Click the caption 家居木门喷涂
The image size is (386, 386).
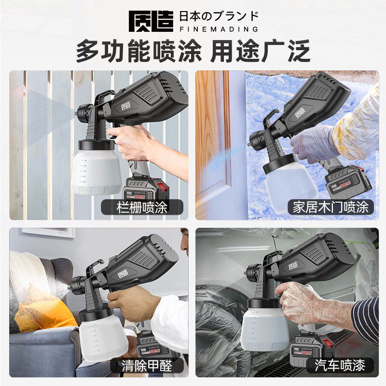point(331,207)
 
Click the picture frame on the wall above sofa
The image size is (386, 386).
point(48,232)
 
